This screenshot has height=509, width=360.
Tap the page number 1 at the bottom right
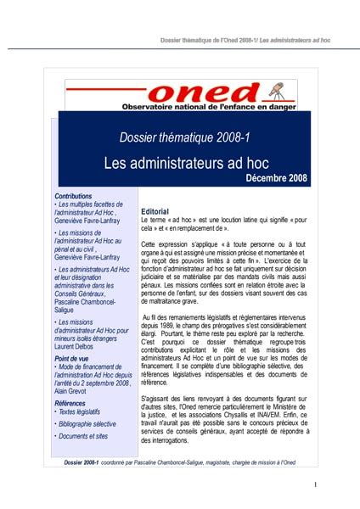[x=314, y=484]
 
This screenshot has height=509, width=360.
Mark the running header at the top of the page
[x=245, y=40]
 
